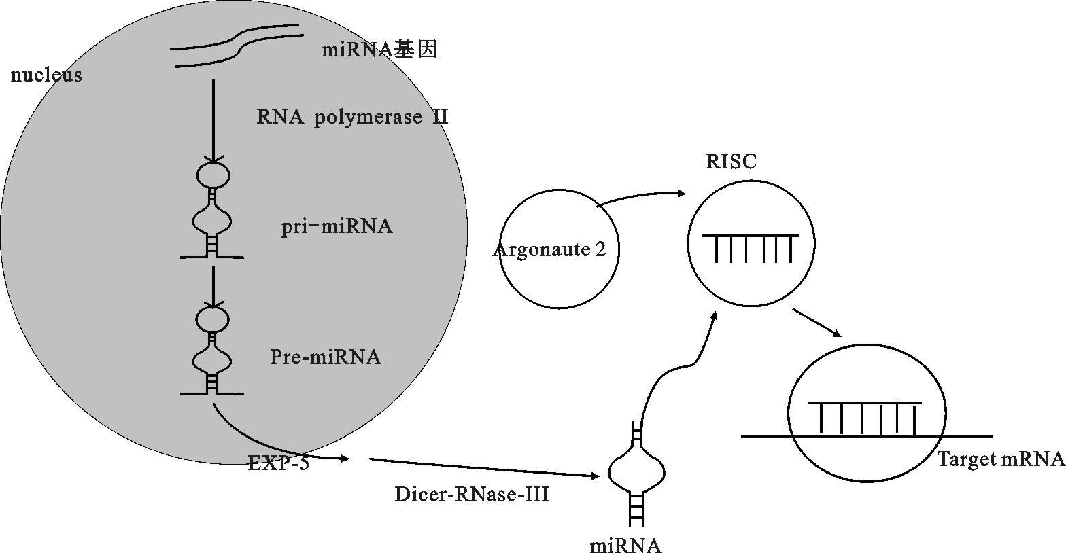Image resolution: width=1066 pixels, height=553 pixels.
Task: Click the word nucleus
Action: [46, 75]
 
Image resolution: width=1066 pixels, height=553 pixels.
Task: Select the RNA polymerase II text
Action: [352, 118]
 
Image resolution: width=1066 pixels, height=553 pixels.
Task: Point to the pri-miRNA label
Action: [337, 226]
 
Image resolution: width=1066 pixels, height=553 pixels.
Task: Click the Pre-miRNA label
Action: [326, 357]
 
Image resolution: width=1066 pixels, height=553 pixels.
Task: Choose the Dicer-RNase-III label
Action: [472, 494]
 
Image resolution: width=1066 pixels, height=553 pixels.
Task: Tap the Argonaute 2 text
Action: [549, 250]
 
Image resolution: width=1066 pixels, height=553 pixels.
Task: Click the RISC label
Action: [731, 162]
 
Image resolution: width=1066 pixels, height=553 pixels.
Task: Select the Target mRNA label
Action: [1001, 460]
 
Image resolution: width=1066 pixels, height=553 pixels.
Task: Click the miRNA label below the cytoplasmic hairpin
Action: [625, 545]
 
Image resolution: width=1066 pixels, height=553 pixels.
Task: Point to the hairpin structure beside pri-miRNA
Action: [213, 209]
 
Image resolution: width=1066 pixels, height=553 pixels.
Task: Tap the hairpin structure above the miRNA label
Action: [637, 476]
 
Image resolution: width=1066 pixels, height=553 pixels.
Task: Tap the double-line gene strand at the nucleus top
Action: [236, 48]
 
